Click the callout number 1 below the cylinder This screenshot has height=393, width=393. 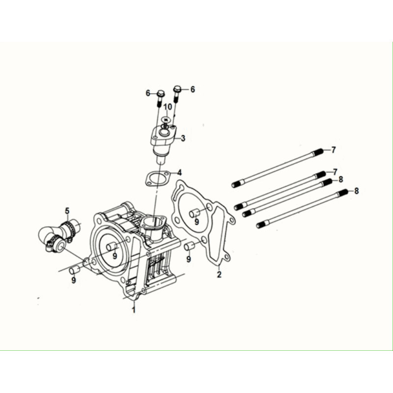tap(134, 309)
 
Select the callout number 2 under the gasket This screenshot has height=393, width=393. tap(219, 274)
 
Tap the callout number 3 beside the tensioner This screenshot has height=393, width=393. tap(183, 138)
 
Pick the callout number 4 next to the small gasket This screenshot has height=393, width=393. tap(179, 172)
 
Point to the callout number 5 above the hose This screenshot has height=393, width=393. tap(67, 211)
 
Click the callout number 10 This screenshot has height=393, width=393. tap(168, 107)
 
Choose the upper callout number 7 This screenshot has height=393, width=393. tap(333, 150)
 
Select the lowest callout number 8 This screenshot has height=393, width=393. tap(357, 191)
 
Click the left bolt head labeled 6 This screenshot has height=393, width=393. tap(161, 94)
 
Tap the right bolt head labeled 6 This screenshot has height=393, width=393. tap(177, 89)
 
